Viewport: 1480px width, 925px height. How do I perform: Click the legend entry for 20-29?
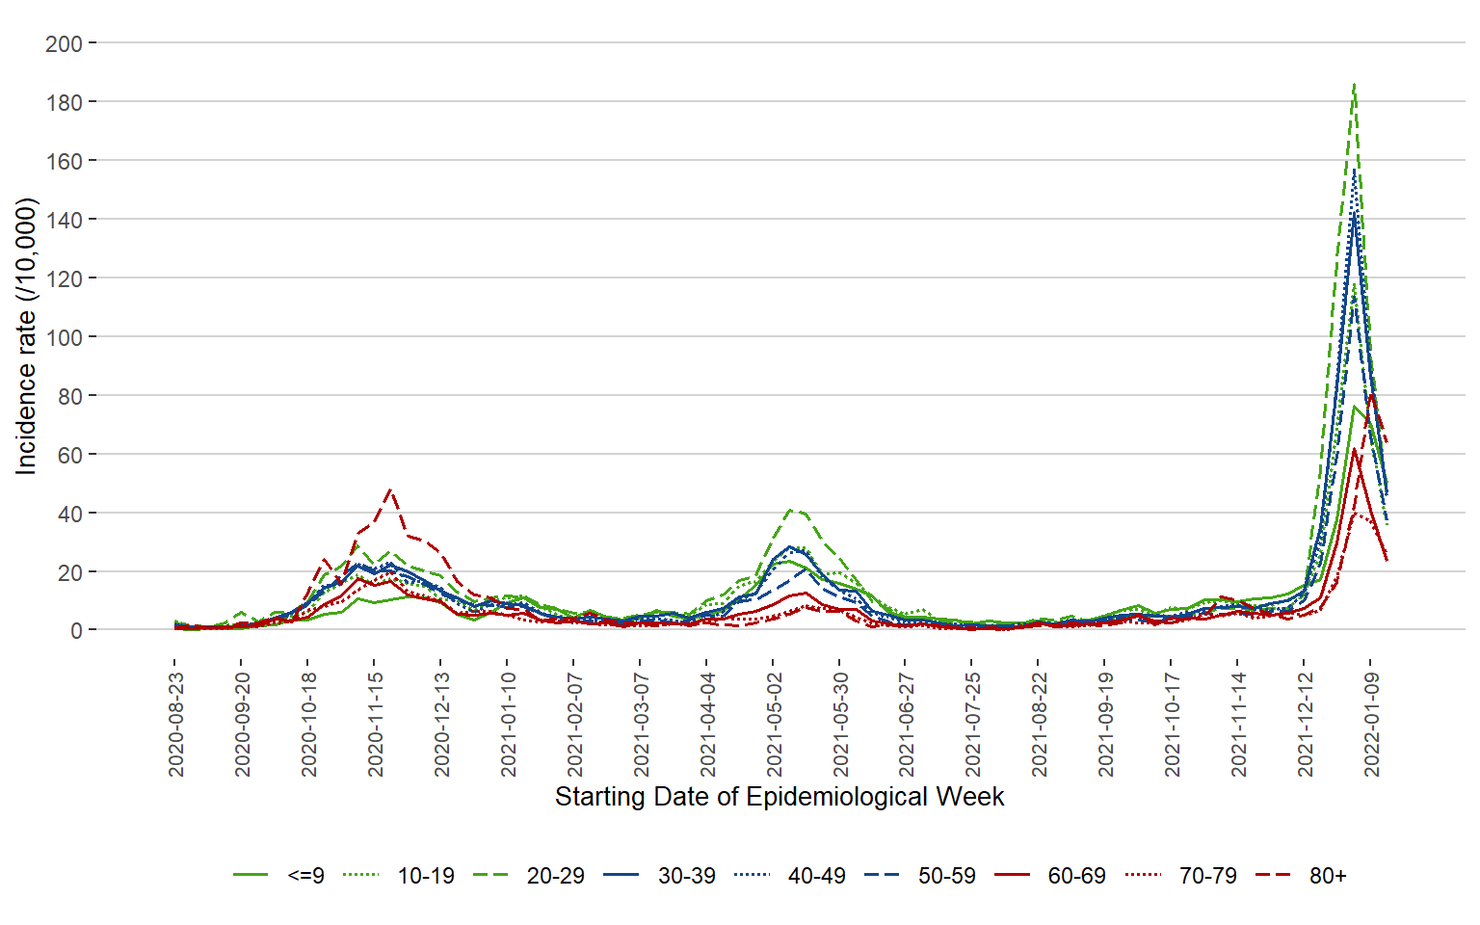(555, 876)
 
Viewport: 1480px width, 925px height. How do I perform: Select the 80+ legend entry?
(1327, 876)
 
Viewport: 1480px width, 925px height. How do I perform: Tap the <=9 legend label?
(305, 876)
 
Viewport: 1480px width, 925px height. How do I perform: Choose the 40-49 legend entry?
(816, 876)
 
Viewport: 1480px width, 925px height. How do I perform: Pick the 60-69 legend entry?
(1076, 876)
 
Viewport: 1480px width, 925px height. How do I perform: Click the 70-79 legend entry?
(1207, 876)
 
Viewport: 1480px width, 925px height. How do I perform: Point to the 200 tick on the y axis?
(64, 43)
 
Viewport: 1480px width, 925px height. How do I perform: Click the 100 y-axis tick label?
(64, 337)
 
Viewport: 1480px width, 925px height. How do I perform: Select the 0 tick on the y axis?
(76, 631)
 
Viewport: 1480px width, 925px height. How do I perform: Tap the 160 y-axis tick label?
(64, 161)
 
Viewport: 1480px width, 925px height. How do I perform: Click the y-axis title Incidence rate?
(26, 336)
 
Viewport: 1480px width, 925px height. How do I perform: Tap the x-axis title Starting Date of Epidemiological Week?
(780, 797)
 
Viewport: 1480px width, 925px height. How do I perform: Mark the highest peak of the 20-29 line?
(1354, 85)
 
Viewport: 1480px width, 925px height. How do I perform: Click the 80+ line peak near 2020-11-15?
(389, 489)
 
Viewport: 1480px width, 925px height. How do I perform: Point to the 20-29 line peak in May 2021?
(791, 510)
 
